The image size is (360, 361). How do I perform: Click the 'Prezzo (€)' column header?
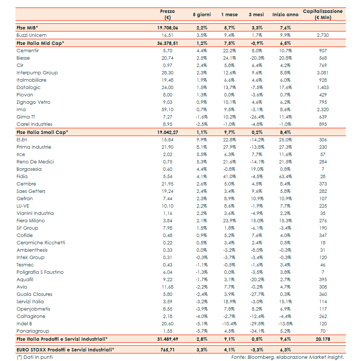pos(167,14)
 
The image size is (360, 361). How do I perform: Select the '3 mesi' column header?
pos(256,15)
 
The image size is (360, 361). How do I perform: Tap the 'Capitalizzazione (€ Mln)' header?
pos(322,14)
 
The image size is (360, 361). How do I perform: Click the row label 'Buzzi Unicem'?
pos(31,35)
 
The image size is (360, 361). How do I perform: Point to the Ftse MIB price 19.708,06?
pos(167,28)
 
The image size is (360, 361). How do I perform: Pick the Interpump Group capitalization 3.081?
pos(322,73)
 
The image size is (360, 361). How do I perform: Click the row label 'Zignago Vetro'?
pos(33,102)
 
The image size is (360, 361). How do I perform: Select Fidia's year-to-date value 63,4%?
pos(285,177)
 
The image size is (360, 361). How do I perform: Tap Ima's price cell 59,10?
pos(167,110)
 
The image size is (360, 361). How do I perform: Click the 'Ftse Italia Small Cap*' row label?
pos(42,132)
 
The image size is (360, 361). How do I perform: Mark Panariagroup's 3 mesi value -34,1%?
pos(256,331)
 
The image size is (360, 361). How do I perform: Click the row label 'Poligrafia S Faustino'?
pos(40,272)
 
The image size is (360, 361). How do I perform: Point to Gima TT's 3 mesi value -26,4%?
pos(256,117)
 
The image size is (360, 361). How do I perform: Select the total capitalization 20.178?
pos(322,339)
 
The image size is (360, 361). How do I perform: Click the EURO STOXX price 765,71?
pos(167,350)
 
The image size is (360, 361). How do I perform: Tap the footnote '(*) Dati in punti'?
pos(35,357)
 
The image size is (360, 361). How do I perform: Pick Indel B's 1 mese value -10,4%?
pos(229,324)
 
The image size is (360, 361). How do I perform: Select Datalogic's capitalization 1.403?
pos(322,88)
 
